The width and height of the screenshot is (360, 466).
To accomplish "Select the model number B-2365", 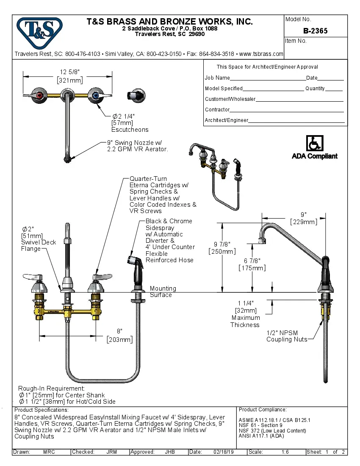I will [x=315, y=31].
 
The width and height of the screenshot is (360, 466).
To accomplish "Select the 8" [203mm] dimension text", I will [x=120, y=335].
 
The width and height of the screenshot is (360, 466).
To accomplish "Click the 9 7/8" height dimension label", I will [x=222, y=247].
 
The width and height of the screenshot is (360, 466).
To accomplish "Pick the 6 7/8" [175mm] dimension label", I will [x=252, y=264].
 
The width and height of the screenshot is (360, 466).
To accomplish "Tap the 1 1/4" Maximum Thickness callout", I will [x=245, y=314].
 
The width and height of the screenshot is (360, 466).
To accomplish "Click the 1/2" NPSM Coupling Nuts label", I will [x=287, y=336].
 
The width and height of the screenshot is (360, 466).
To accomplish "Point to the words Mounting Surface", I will [x=163, y=291].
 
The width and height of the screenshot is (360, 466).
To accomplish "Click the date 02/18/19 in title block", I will [x=223, y=452].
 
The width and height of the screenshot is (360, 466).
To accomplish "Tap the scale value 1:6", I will [x=285, y=452].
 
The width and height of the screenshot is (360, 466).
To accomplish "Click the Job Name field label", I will [x=217, y=78].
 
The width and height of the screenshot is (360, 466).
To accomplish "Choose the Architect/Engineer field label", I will [x=226, y=120].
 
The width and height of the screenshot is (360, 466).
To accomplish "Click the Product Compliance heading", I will [x=263, y=410].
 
